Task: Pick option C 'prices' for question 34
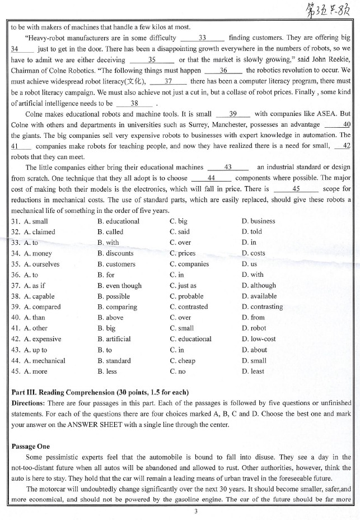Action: (x=182, y=253)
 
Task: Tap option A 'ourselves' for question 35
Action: (x=41, y=264)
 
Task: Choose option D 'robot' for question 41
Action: (x=254, y=328)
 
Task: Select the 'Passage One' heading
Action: (x=31, y=446)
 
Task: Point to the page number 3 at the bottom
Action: (x=180, y=511)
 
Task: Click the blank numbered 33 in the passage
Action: (x=203, y=38)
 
